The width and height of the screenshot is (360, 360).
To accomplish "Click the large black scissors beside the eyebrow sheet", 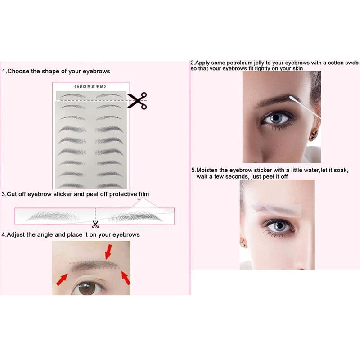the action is (x=138, y=100).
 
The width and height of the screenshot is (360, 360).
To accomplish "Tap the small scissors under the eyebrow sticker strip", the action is (x=95, y=224).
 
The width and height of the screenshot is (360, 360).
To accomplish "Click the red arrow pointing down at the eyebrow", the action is (x=108, y=252).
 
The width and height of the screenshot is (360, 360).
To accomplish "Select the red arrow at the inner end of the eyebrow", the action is (x=62, y=279).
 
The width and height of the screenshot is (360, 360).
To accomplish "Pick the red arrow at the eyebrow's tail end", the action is (x=126, y=278).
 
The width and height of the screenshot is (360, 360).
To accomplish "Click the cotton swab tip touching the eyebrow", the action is (x=292, y=98).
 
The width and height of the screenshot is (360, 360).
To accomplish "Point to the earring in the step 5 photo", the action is (x=243, y=243).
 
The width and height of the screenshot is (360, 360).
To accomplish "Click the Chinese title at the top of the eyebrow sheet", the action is (x=90, y=86).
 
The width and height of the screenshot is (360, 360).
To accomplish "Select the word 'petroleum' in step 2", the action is (x=239, y=63).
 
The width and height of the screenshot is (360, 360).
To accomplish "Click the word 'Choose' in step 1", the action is (x=18, y=71).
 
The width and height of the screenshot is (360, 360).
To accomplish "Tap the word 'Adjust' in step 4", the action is (x=16, y=234).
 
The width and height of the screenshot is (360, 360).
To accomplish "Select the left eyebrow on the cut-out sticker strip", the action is (x=52, y=216).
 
